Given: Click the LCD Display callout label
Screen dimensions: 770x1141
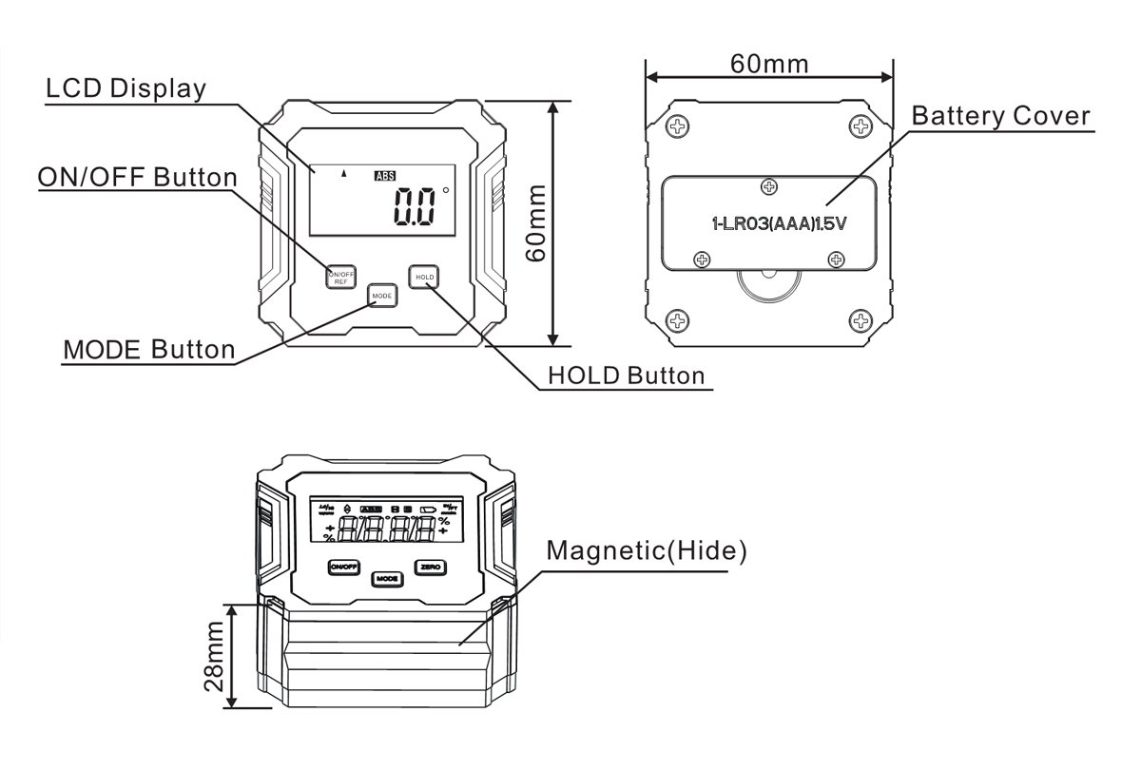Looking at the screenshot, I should [126, 89].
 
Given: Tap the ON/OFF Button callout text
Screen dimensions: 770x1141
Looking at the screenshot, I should [136, 177].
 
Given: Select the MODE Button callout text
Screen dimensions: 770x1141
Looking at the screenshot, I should [148, 350].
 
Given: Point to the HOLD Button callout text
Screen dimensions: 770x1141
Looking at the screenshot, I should [627, 375].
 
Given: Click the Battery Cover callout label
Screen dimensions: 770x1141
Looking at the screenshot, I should [1000, 116].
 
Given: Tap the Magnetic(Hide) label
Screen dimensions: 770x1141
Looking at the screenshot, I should [647, 550].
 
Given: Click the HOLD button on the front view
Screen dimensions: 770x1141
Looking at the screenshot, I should [424, 277].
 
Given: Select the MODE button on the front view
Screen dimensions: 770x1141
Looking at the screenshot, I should [382, 296].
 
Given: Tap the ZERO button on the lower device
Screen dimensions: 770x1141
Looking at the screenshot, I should [430, 567].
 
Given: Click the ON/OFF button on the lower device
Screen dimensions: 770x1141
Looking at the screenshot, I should [342, 567].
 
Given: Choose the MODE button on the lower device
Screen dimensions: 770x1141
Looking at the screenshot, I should [386, 578].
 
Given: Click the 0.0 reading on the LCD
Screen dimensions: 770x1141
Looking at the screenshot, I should [415, 207].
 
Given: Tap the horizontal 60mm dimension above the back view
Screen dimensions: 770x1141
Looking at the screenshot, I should [769, 64].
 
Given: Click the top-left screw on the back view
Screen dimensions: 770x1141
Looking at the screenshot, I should [678, 125].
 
